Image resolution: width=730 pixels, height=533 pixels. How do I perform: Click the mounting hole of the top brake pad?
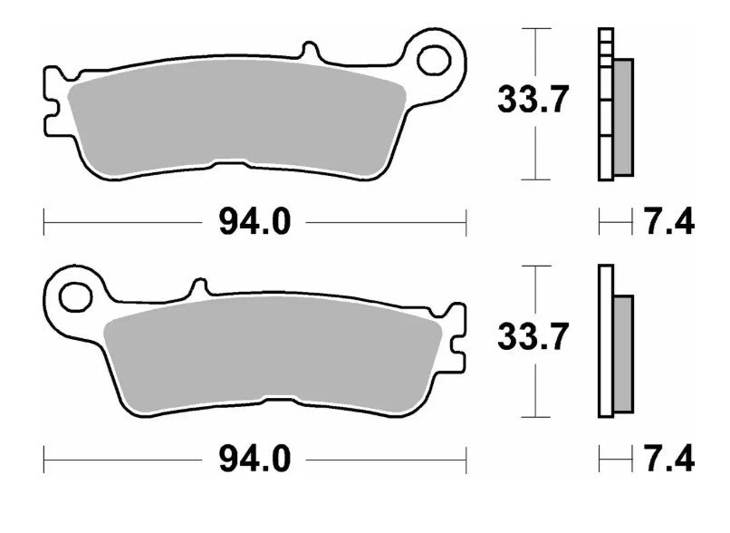coord(435,60)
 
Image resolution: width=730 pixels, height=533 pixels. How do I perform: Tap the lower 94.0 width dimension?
coord(255,460)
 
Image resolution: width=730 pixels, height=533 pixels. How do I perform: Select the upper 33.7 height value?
coord(533,100)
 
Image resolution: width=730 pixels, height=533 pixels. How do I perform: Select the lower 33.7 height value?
coord(533,337)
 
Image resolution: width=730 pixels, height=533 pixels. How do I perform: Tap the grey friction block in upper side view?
coord(622,116)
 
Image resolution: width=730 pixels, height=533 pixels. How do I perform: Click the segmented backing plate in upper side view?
coord(605,104)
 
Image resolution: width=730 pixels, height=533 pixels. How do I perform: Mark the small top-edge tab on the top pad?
coord(311,49)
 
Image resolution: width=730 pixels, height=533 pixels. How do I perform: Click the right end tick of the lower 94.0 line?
coord(466,460)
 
